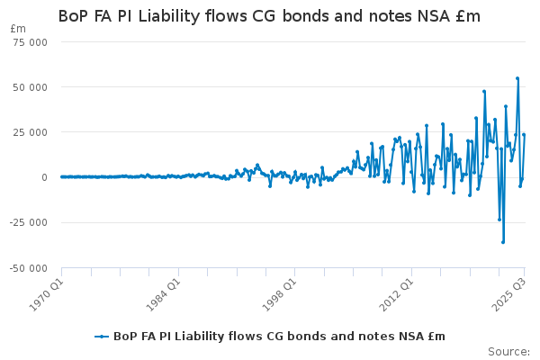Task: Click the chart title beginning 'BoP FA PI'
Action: pyautogui.click(x=269, y=16)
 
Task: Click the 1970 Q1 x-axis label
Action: pyautogui.click(x=46, y=294)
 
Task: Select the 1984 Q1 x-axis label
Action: pyautogui.click(x=163, y=294)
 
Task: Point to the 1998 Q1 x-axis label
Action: pyautogui.click(x=279, y=294)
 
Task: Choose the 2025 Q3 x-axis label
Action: pyautogui.click(x=509, y=294)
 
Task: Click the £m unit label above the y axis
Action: pyautogui.click(x=18, y=29)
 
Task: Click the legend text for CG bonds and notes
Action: pyautogui.click(x=279, y=337)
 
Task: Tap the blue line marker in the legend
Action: pyautogui.click(x=103, y=337)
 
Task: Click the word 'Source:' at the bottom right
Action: pyautogui.click(x=508, y=351)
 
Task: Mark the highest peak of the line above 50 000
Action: pyautogui.click(x=517, y=78)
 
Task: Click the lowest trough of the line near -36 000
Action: pyautogui.click(x=503, y=242)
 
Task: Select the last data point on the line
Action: pyautogui.click(x=524, y=135)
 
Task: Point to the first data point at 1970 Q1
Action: pyautogui.click(x=61, y=176)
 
